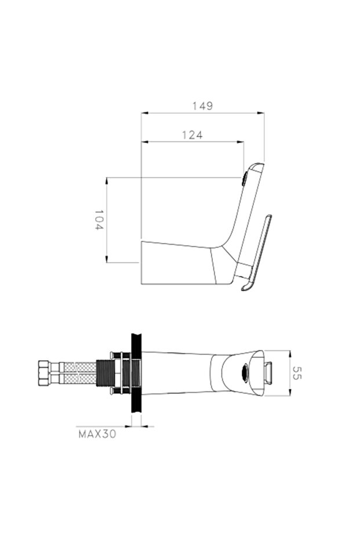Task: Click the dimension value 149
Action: click(x=202, y=106)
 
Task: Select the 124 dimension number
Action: click(x=192, y=135)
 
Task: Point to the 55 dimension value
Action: click(x=297, y=373)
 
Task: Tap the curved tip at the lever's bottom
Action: click(x=246, y=287)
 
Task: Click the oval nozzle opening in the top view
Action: click(x=245, y=372)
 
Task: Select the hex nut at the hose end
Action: click(x=45, y=373)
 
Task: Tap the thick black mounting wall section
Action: click(x=137, y=373)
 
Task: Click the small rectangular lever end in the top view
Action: click(x=270, y=372)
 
